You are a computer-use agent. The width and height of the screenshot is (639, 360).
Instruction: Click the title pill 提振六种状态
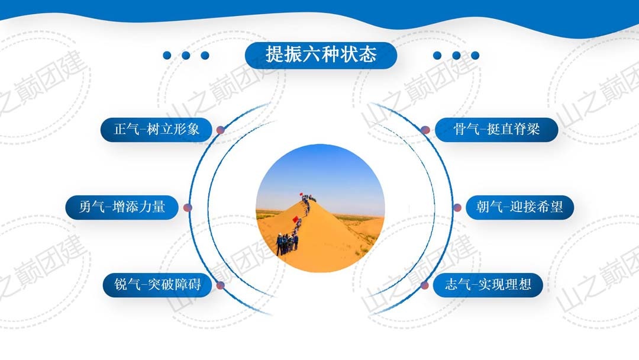[x=321, y=55]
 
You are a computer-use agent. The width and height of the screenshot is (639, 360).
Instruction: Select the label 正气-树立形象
[x=156, y=130]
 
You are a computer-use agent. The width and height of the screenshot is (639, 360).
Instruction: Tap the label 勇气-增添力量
[x=122, y=207]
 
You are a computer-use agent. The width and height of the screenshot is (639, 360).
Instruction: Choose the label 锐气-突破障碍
[x=157, y=285]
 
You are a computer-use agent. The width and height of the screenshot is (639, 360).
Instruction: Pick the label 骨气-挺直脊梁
[x=496, y=130]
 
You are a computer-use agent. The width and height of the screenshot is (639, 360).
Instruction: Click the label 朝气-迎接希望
[x=519, y=207]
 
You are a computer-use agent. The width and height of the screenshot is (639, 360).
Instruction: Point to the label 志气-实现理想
[x=488, y=285]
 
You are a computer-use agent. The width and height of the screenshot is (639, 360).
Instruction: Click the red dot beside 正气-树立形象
[x=221, y=130]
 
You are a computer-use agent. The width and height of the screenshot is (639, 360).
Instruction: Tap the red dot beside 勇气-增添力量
[x=188, y=207]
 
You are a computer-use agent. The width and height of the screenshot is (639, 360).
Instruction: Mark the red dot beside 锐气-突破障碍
[x=221, y=285]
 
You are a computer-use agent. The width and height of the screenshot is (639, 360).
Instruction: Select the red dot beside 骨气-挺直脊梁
[x=425, y=130]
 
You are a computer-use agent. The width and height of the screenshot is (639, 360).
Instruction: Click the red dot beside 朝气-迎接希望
[x=457, y=207]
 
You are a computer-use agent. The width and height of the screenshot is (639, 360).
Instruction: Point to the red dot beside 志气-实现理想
[x=425, y=285]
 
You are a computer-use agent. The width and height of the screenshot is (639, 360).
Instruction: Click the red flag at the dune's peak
[x=301, y=194]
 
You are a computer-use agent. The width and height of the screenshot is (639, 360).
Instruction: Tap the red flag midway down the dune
[x=295, y=219]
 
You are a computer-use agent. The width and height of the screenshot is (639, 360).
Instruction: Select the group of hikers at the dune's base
[x=287, y=244]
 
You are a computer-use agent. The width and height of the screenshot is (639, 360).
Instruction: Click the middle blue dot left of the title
[x=186, y=56]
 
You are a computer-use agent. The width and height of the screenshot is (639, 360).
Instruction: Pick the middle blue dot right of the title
[x=456, y=56]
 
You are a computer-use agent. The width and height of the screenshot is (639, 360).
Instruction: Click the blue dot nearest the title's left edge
[x=205, y=56]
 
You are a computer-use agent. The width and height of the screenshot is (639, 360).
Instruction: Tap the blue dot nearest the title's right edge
[x=437, y=56]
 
